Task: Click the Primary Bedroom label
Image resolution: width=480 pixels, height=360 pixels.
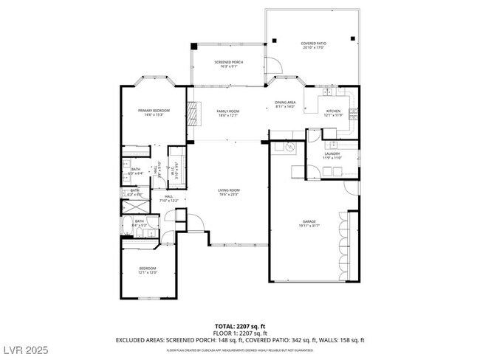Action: pos(154,111)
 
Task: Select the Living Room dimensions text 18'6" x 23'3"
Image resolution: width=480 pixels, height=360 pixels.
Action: pos(228,195)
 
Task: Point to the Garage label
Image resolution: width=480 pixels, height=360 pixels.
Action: pos(308,221)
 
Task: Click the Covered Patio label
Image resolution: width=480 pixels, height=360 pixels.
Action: pos(312,44)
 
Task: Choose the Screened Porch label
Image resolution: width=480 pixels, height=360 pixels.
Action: pos(228,62)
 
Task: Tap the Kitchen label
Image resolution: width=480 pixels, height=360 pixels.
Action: pos(333,111)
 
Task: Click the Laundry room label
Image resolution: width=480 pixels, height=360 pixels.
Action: pos(332,153)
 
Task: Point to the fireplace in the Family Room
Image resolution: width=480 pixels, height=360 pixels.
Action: pos(194,114)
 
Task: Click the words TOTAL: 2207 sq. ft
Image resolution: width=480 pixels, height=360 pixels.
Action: pos(239,325)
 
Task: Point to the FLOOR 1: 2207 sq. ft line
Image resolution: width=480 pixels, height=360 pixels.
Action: pos(239,333)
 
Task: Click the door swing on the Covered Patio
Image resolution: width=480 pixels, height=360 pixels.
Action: pos(274,65)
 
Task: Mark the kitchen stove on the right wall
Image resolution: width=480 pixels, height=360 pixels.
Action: pos(355,114)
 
